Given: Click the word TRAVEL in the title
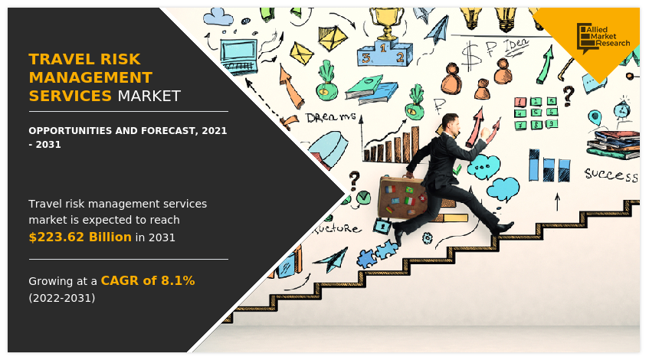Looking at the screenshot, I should (x=60, y=59).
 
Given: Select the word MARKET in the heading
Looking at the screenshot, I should (x=149, y=97).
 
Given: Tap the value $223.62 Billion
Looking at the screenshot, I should (x=80, y=237).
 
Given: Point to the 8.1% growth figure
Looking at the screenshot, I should (x=178, y=280).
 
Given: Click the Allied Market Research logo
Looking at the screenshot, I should (x=604, y=35).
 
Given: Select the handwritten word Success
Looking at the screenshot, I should (x=611, y=175).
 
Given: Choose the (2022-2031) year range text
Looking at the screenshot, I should (x=62, y=298).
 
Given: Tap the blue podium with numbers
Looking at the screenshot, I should (x=384, y=54).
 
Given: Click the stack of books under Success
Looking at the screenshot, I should (x=613, y=145).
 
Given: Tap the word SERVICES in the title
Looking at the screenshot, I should (x=70, y=97).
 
